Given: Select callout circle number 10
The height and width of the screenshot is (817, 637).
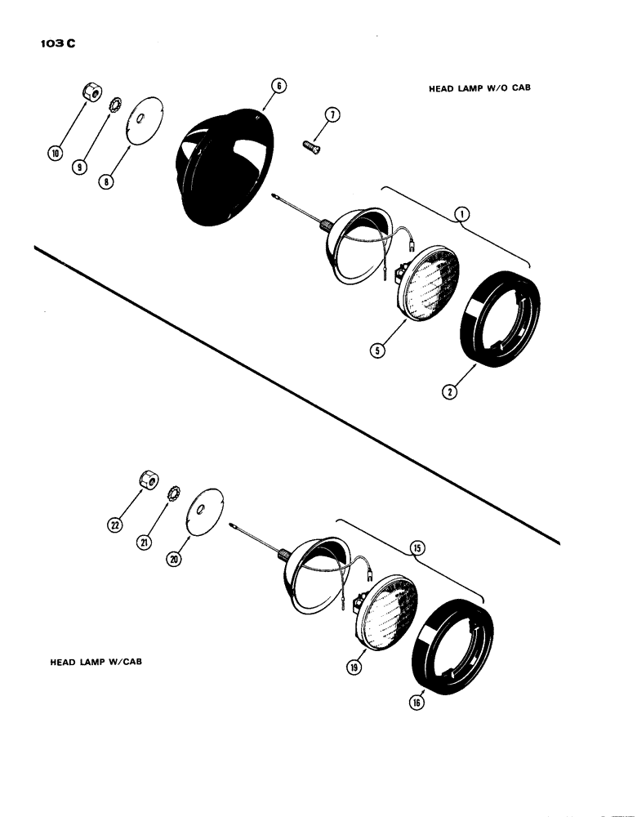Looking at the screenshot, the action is click(56, 152).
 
